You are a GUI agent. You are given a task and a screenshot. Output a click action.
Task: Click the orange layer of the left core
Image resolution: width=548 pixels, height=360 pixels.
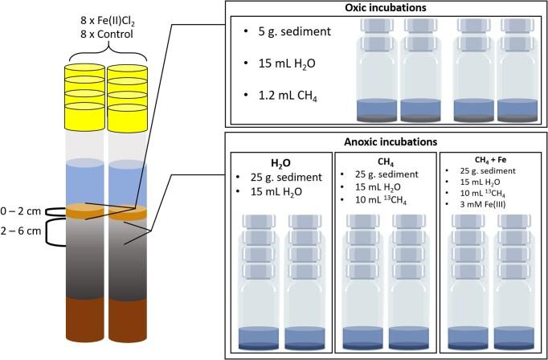[83, 211]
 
